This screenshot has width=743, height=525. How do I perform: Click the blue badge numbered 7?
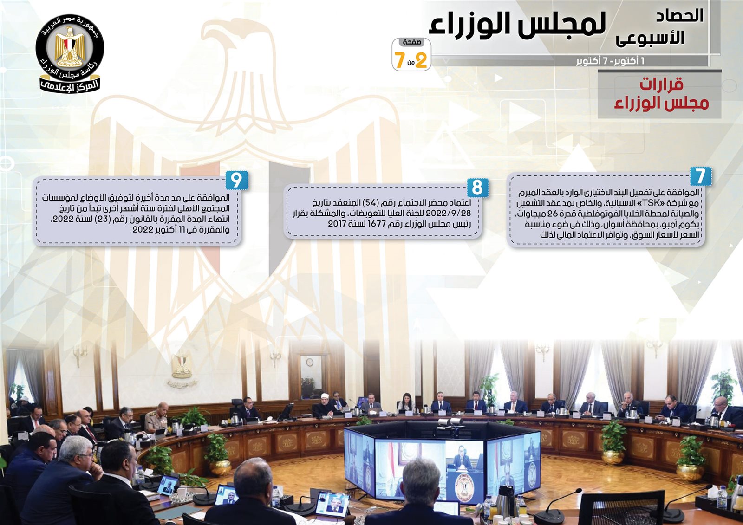click(x=701, y=176)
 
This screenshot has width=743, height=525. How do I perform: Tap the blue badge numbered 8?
click(x=478, y=188)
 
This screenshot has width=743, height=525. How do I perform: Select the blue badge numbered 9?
click(x=236, y=180)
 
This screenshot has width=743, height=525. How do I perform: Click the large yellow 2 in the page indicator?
click(x=420, y=60)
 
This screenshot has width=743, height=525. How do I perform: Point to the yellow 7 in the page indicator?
click(x=399, y=60)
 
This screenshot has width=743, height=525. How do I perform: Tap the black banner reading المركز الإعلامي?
click(x=70, y=85)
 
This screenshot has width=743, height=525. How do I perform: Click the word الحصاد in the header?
click(x=680, y=16)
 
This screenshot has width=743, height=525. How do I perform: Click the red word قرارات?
click(x=661, y=84)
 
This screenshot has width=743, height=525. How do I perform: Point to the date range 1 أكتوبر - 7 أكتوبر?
click(x=610, y=61)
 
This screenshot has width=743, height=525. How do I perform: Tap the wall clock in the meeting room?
click(x=309, y=363)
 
